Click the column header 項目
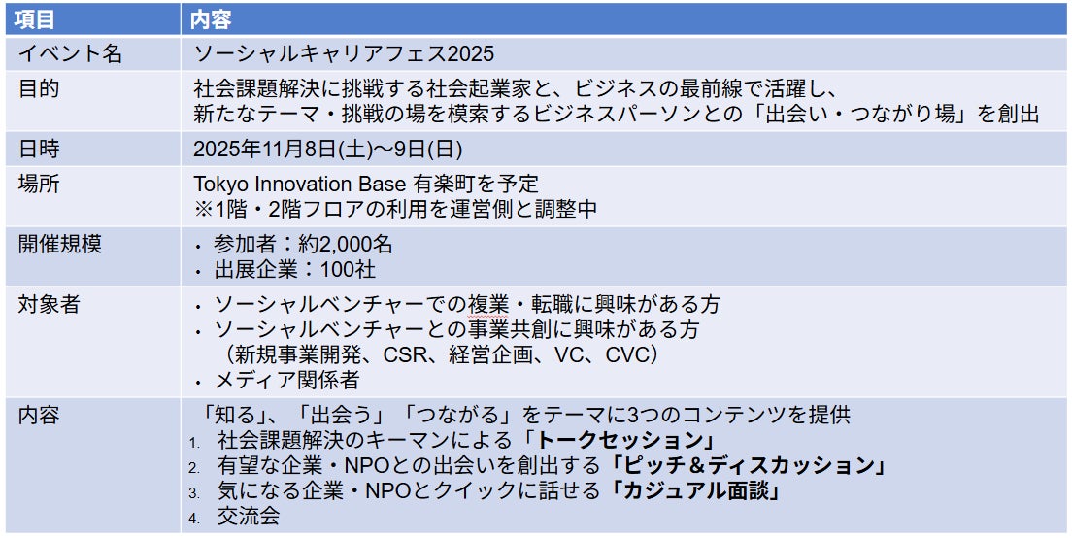click(x=35, y=19)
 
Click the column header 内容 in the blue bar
click(x=212, y=19)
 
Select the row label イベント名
click(x=70, y=53)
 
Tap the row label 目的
click(x=38, y=88)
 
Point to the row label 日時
click(x=38, y=149)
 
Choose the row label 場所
click(x=38, y=184)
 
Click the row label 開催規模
click(x=59, y=244)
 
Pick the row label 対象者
click(x=49, y=304)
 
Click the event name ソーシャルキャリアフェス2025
click(x=344, y=53)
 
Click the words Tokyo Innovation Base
click(x=301, y=184)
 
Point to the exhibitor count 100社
click(x=348, y=270)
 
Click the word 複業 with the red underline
click(x=489, y=304)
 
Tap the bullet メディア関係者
click(x=287, y=380)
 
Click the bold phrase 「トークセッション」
click(x=619, y=439)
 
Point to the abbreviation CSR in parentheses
click(x=409, y=354)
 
